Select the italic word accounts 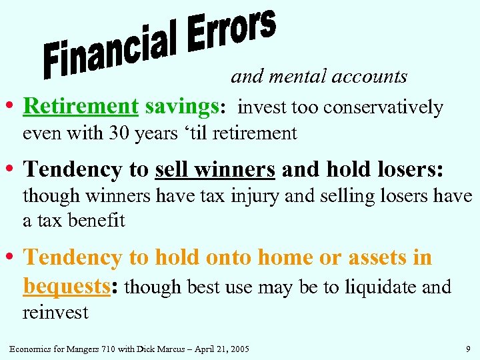pos(369,77)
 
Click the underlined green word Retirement pos(80,107)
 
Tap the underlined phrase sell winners pos(215,170)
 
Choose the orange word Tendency pos(72,257)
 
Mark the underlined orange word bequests pos(65,287)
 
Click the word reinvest pos(55,313)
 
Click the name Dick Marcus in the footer pos(159,347)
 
